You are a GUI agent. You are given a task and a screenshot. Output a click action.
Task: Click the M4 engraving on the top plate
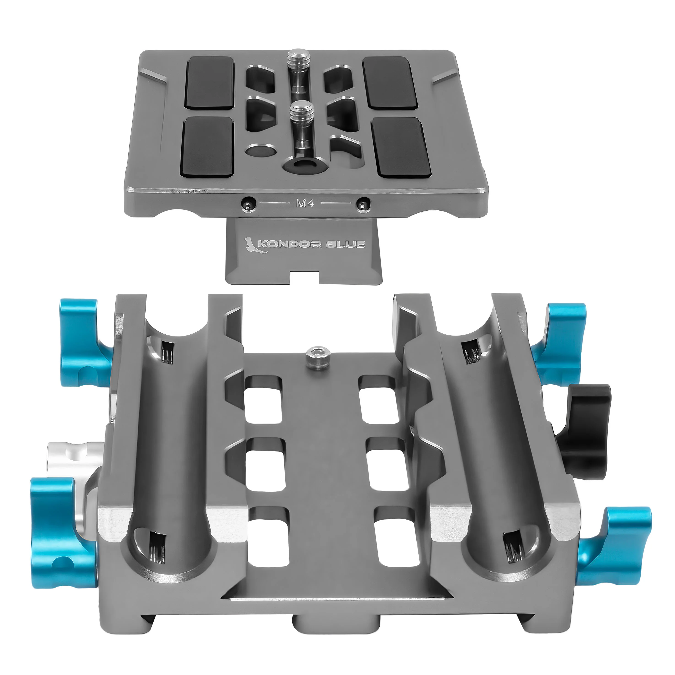305,203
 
